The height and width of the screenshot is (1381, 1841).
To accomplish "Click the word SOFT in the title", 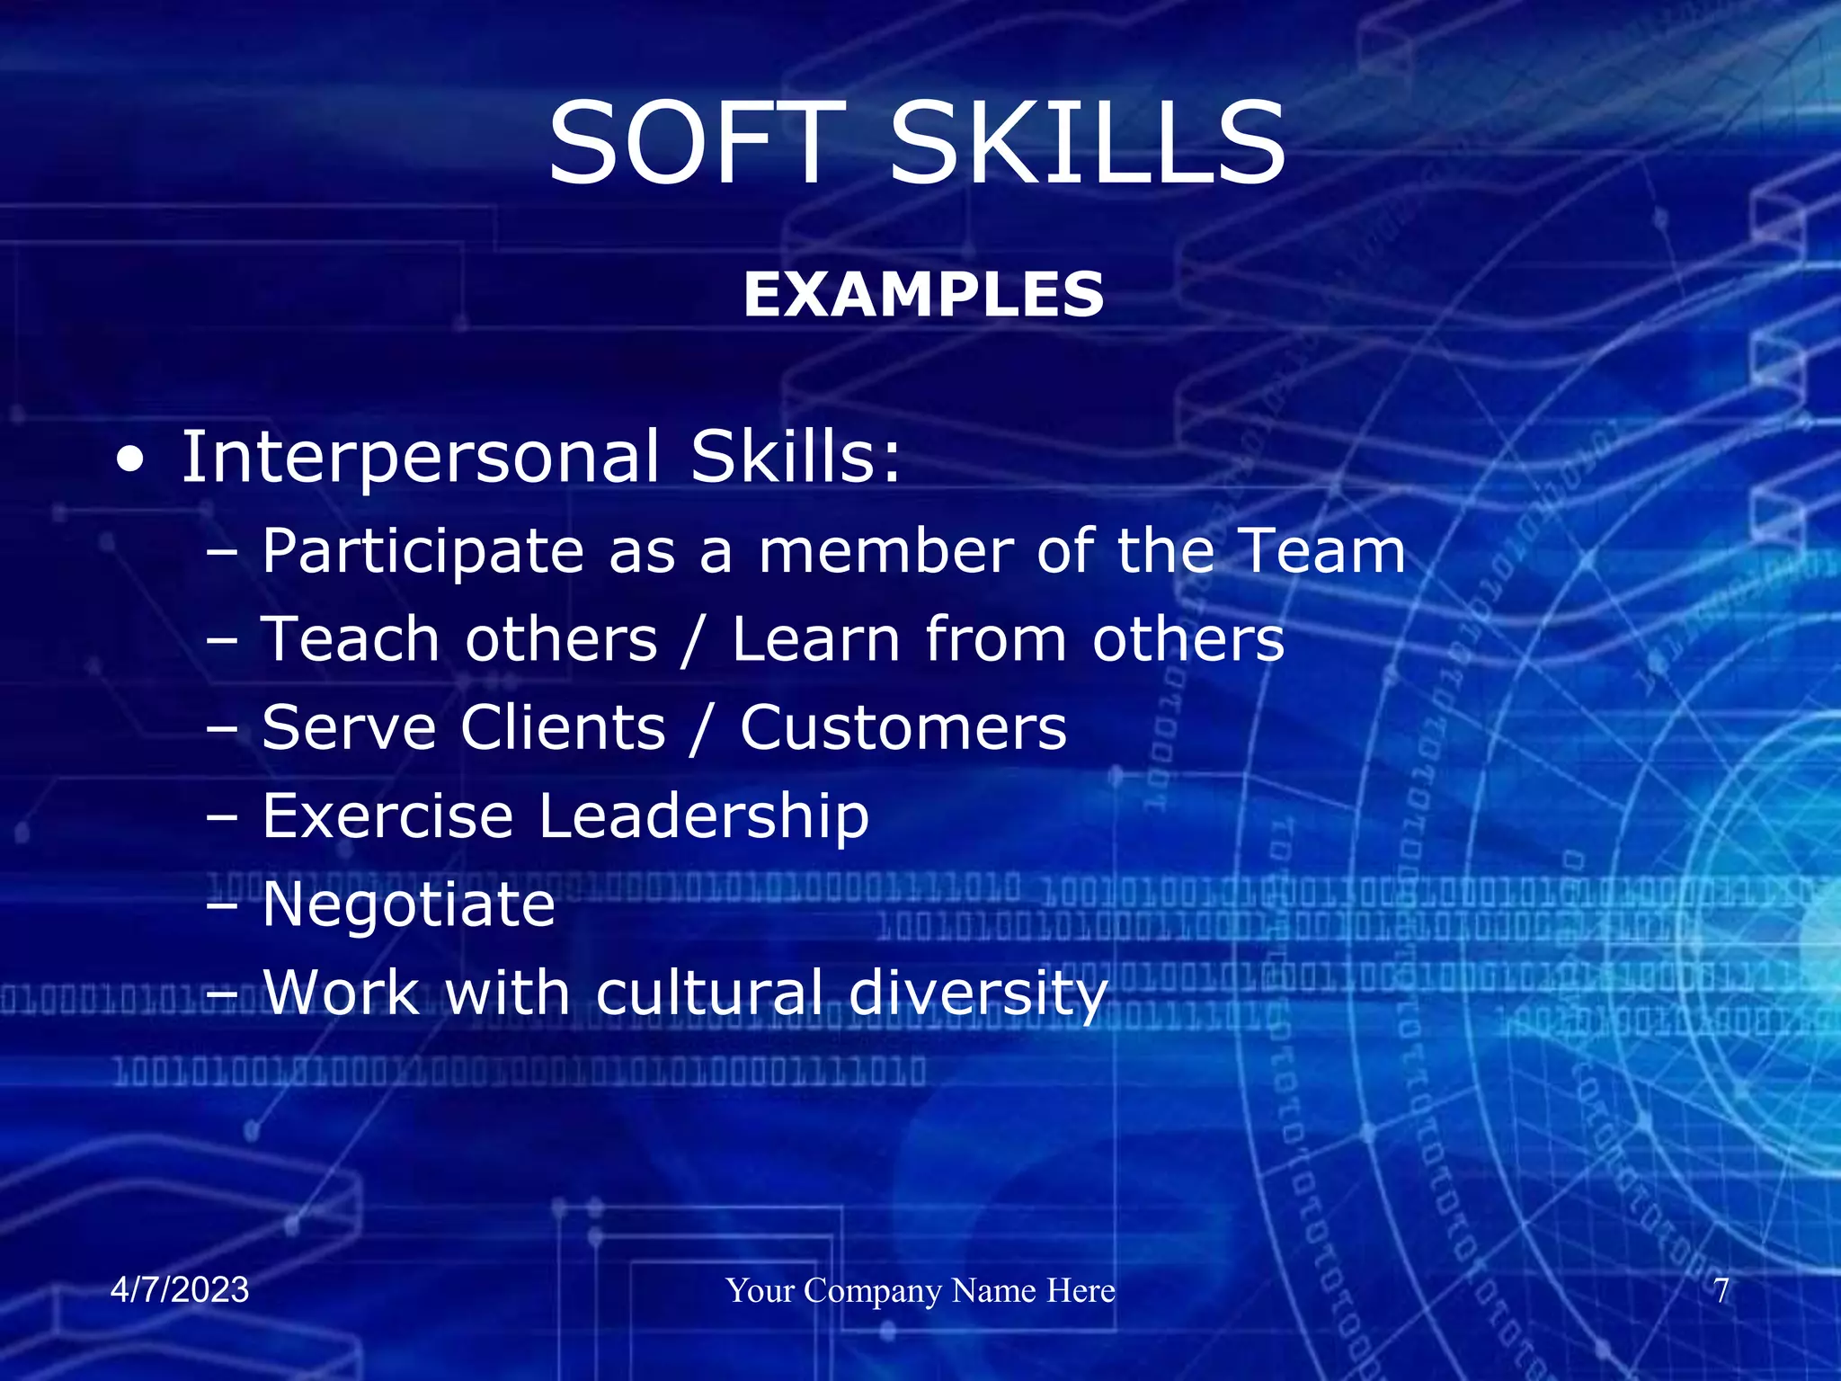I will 697,144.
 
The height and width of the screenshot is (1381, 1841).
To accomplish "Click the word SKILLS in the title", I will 1088,144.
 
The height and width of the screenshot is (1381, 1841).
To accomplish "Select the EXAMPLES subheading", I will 923,295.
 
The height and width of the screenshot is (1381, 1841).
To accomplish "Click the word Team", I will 1321,550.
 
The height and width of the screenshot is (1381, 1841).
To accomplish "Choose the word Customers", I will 903,727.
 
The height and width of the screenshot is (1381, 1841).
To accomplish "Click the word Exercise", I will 387,816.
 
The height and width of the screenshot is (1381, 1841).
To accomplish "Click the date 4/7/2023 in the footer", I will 180,1290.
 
